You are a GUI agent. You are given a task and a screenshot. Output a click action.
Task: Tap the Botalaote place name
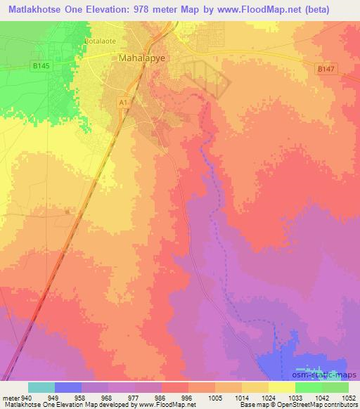(100, 41)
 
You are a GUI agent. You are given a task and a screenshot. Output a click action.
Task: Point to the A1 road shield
(122, 103)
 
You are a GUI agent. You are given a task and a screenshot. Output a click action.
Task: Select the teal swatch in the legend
(41, 387)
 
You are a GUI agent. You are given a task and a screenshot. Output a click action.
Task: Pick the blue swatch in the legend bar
(68, 387)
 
